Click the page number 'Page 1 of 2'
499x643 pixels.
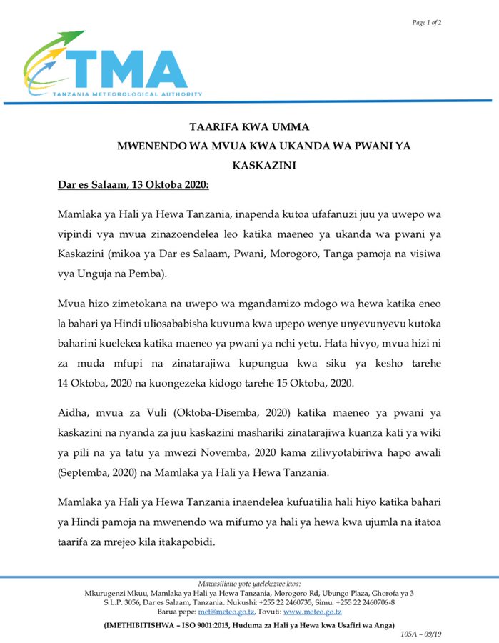pyautogui.click(x=426, y=23)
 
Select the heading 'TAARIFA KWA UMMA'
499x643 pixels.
pyautogui.click(x=249, y=127)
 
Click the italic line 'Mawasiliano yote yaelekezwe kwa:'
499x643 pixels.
pyautogui.click(x=249, y=584)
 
